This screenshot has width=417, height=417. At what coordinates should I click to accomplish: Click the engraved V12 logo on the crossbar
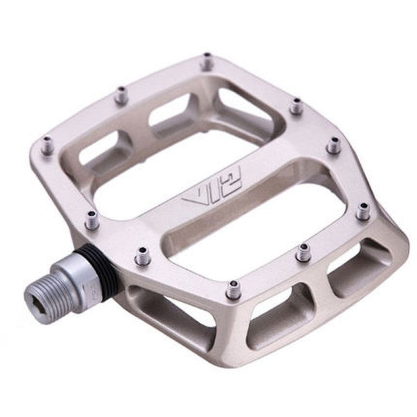(x=211, y=192)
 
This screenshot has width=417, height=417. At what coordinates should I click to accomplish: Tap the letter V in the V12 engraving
(x=192, y=200)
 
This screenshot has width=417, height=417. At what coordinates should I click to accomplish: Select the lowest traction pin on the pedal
(x=234, y=289)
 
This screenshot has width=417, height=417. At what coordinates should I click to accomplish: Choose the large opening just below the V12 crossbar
(x=261, y=229)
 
